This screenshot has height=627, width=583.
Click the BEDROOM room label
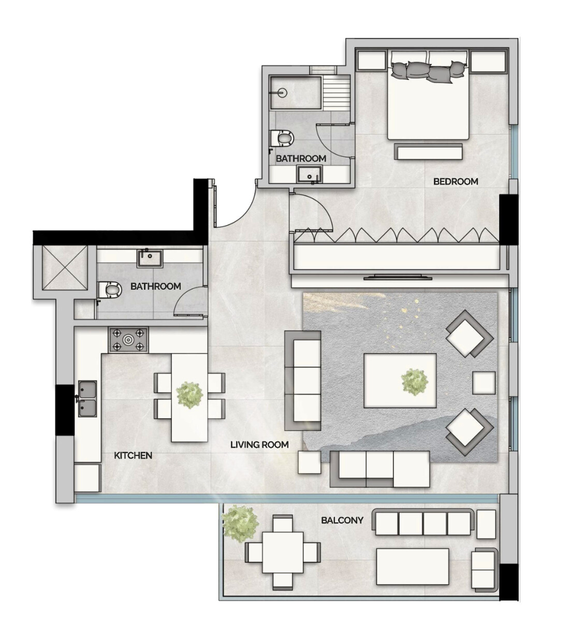[x=456, y=181]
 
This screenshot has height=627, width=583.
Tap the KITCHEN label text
[x=133, y=455]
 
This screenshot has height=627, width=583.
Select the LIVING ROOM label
[x=259, y=445]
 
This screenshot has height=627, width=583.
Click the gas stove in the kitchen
[x=128, y=340]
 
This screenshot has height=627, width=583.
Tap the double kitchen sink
[x=88, y=398]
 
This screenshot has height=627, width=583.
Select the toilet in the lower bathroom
[x=109, y=290]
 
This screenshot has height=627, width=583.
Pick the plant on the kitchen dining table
[x=190, y=395]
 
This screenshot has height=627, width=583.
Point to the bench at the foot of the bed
[x=428, y=151]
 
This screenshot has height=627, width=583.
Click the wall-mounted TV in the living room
[x=398, y=278]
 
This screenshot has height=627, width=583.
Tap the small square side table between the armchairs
[x=484, y=382]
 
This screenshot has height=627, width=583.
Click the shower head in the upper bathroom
[x=283, y=93]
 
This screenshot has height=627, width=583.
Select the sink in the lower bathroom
[x=150, y=259]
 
